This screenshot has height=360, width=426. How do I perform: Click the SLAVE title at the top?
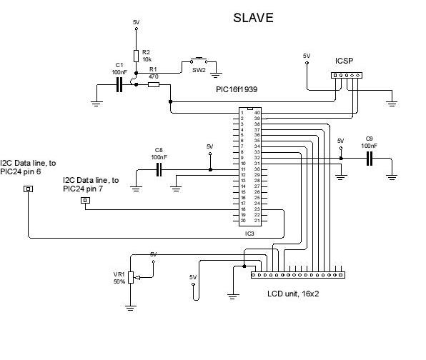(x=253, y=18)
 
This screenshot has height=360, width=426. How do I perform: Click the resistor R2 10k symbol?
(x=136, y=56)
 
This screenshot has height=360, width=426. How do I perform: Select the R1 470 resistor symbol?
(x=154, y=85)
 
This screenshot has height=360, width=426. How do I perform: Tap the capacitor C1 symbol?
(x=120, y=85)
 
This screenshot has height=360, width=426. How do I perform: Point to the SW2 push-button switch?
(x=198, y=61)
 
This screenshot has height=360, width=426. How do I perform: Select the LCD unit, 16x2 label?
(x=293, y=293)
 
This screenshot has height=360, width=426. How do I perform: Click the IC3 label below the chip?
(x=250, y=233)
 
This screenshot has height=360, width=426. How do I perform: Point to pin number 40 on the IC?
(x=257, y=113)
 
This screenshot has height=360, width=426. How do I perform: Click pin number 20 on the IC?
(x=243, y=220)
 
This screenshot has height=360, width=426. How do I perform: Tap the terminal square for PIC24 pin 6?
(x=29, y=189)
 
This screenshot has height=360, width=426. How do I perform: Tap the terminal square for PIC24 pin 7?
(x=85, y=201)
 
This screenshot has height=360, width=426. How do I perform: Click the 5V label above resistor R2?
(x=137, y=23)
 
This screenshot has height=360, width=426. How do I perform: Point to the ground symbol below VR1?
(x=131, y=307)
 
